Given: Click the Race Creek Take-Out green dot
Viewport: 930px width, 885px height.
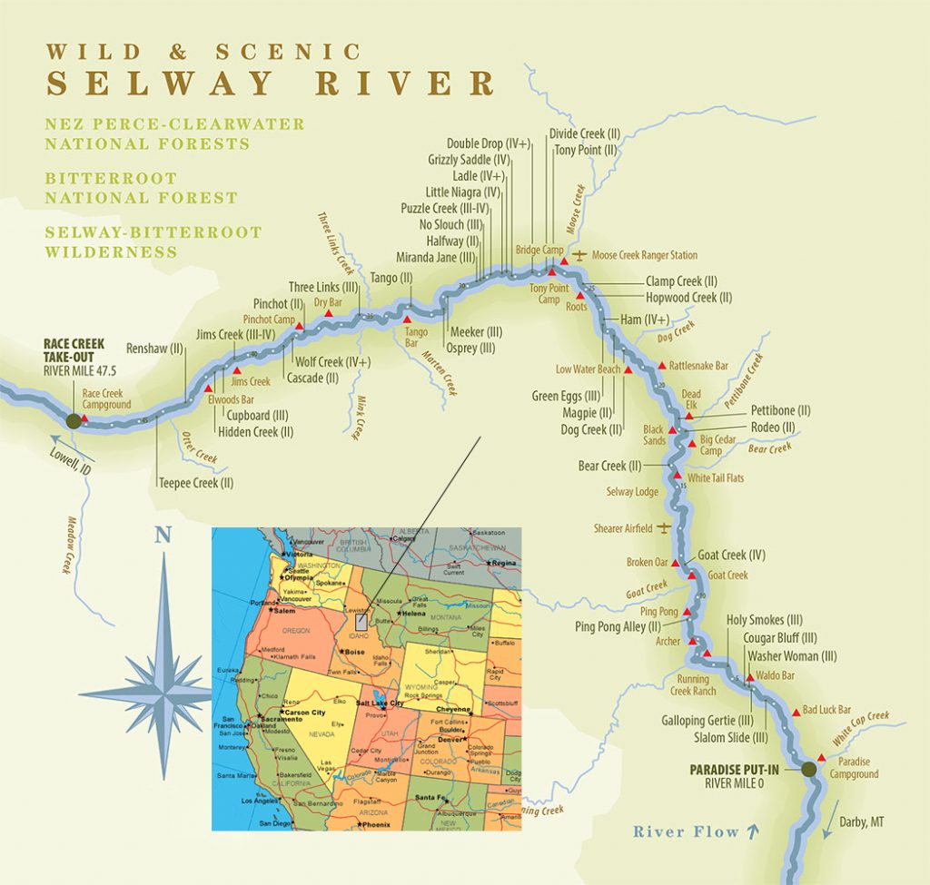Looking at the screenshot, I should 74,420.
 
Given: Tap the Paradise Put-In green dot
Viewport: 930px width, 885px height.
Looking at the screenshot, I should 808,770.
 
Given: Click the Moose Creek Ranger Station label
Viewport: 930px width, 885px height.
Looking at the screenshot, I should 645,256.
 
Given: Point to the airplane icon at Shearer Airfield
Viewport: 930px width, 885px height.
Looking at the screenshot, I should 665,527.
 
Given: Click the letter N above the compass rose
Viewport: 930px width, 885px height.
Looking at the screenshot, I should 163,535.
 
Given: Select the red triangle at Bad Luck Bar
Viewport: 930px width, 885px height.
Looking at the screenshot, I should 796,712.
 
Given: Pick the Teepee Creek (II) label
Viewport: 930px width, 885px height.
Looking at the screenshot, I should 195,483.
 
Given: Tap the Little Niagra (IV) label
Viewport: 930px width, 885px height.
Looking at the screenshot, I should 462,192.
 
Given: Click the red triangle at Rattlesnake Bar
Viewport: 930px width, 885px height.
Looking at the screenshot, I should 660,366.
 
